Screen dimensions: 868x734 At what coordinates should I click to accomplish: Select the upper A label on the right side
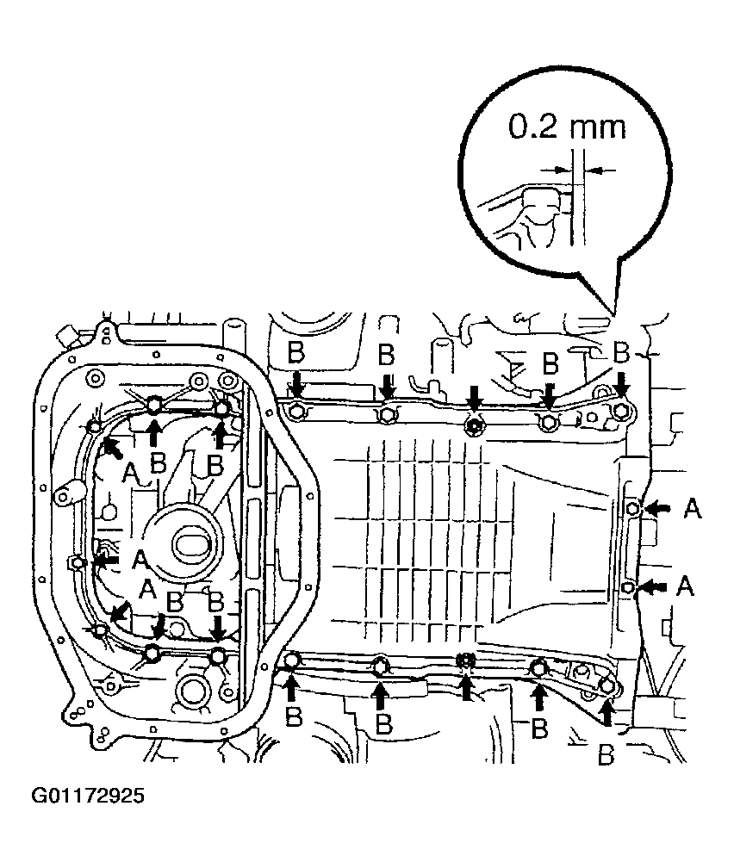coord(693,511)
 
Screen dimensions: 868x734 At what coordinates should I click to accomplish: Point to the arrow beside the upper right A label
coord(658,509)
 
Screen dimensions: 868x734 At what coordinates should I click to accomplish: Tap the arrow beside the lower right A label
coord(654,586)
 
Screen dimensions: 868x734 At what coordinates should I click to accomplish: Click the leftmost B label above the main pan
coord(295,352)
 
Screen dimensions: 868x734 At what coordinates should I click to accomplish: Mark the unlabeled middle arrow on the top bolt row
coord(473,398)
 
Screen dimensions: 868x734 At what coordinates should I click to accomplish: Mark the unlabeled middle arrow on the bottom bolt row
coord(466,688)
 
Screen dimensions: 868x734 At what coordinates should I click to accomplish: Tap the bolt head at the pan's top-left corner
coord(295,412)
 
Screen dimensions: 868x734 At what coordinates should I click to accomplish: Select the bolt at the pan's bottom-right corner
coord(608,686)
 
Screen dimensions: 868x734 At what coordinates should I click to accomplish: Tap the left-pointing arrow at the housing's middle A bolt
coord(106,561)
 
